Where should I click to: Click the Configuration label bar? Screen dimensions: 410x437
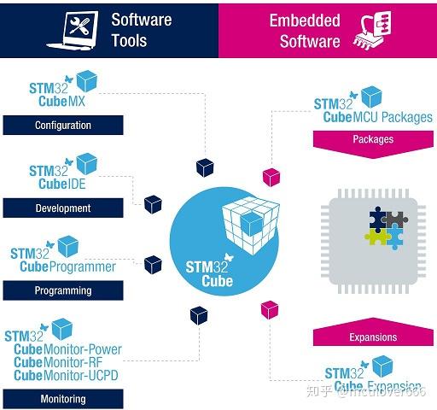(63, 126)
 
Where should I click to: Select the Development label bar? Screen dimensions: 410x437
(63, 208)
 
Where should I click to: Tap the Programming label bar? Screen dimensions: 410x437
(63, 290)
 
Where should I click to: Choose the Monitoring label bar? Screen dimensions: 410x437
(63, 398)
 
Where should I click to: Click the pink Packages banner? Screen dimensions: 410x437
(373, 140)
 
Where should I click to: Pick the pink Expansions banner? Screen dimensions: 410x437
(373, 337)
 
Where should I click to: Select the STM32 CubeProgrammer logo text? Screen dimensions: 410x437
(63, 260)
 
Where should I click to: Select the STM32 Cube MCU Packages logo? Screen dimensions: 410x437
(372, 109)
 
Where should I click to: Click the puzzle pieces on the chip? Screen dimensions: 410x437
(386, 227)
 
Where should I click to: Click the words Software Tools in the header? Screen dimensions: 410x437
(142, 30)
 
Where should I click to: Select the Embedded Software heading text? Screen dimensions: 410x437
(304, 30)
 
